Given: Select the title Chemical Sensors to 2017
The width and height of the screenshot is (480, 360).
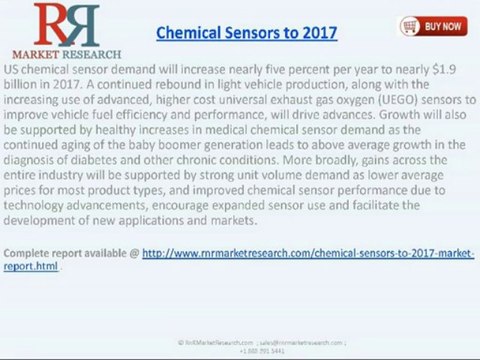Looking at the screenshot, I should coord(247,33).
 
